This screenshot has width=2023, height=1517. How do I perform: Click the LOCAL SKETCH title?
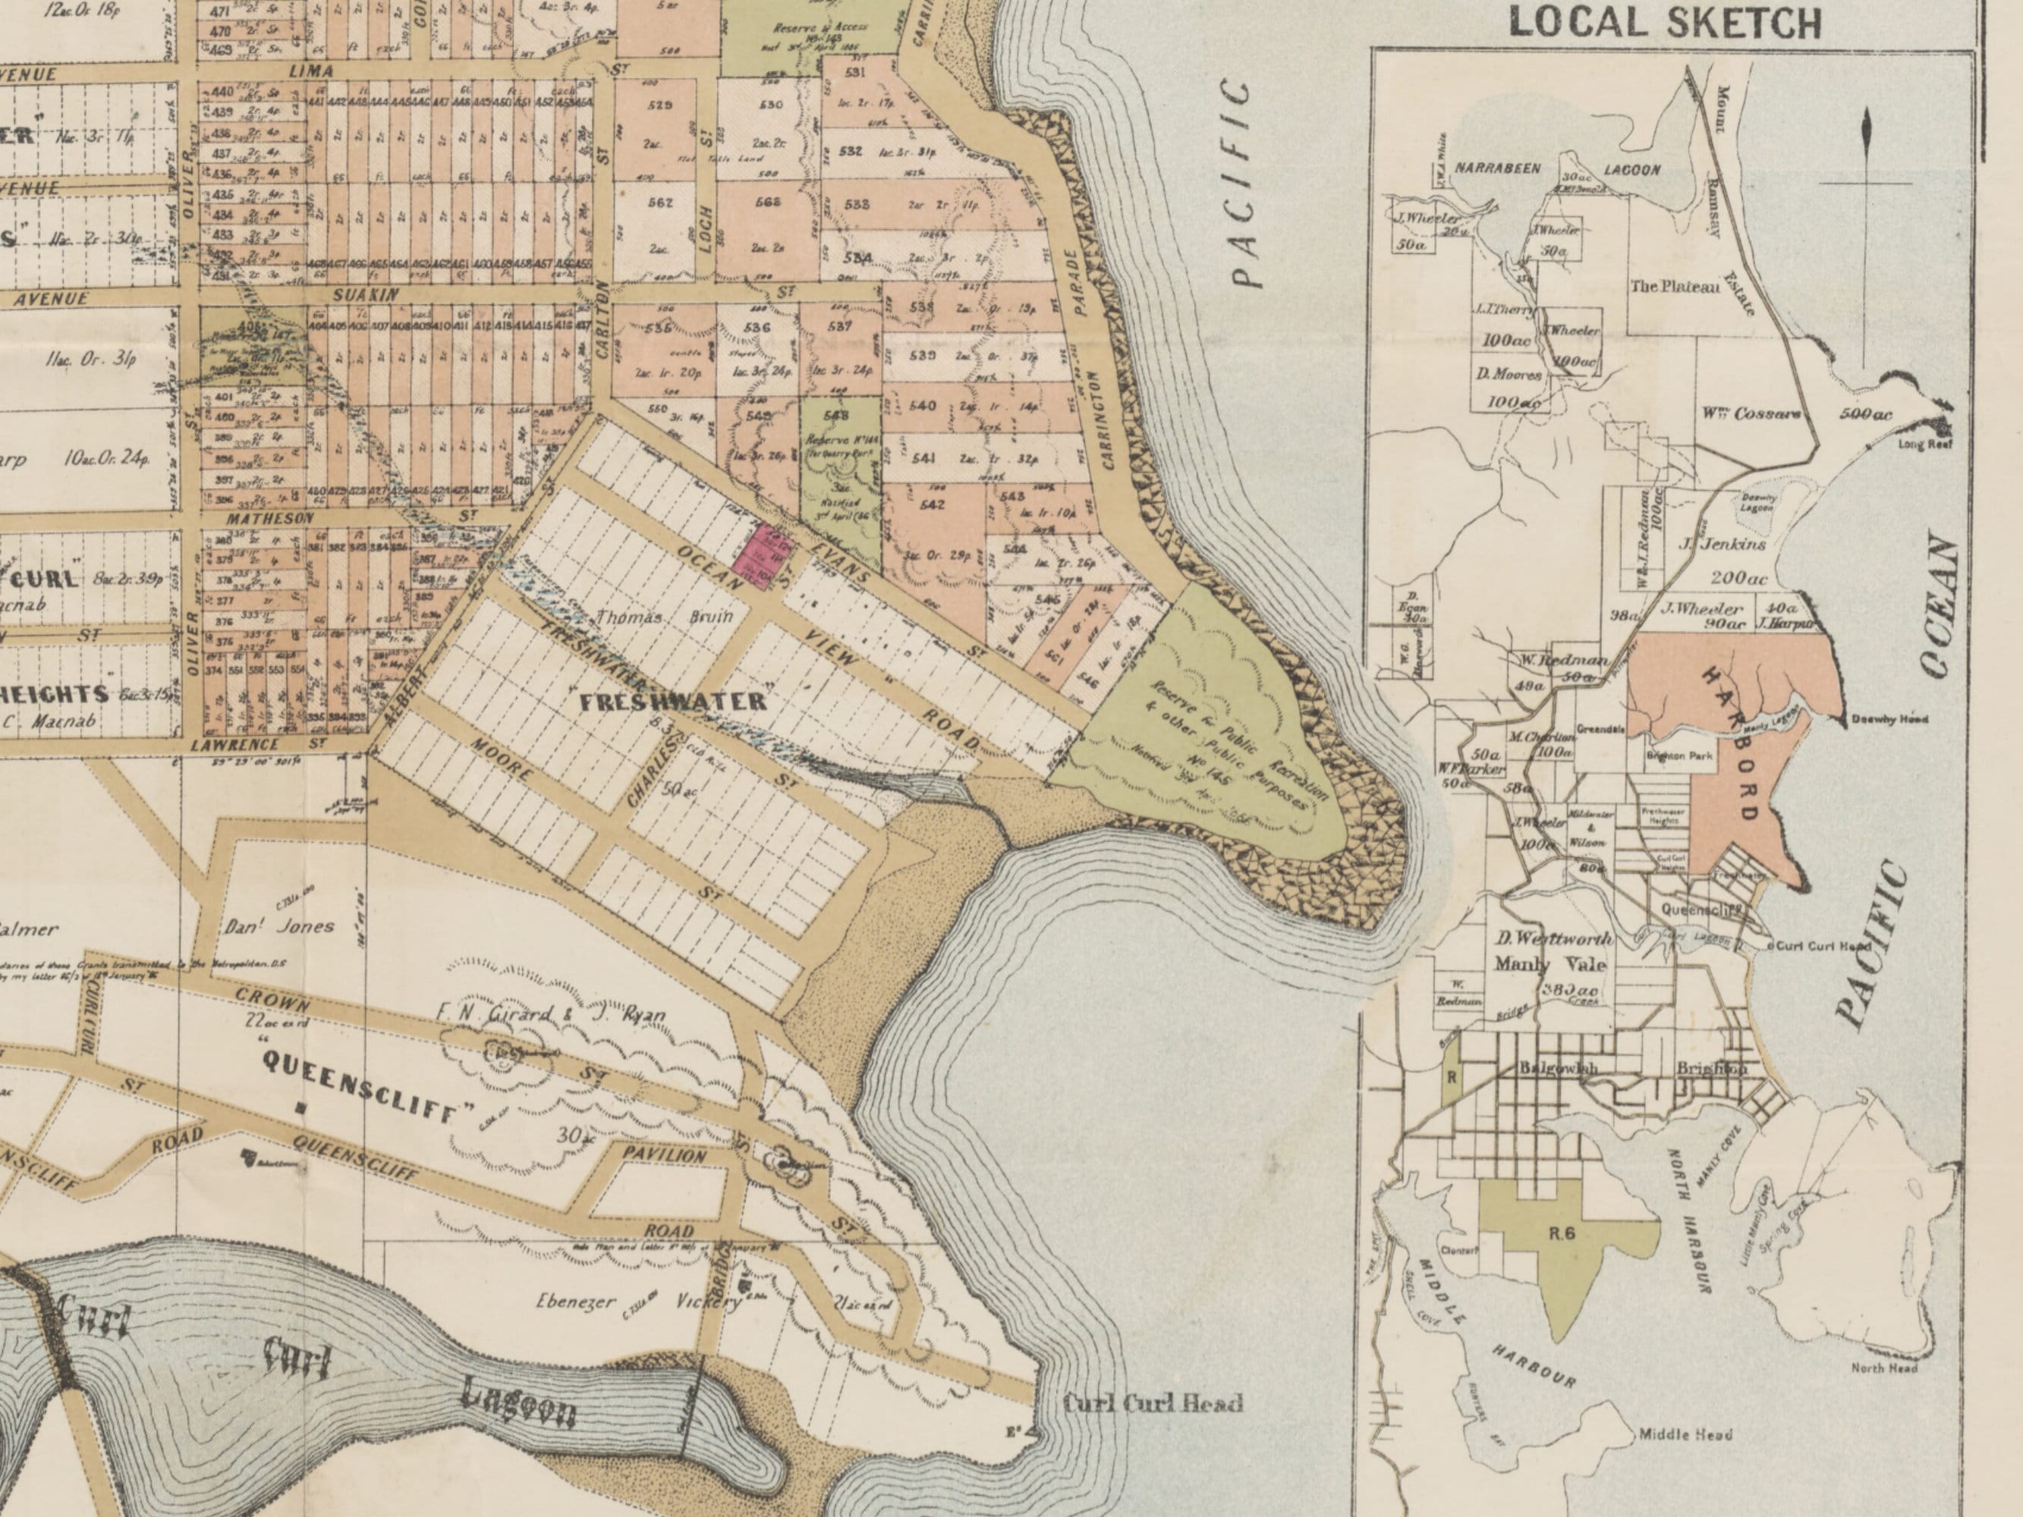[x=1665, y=22]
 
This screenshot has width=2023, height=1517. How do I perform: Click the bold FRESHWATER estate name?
[x=674, y=702]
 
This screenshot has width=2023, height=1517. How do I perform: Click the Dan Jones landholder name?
[x=280, y=926]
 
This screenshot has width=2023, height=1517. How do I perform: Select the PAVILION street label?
[x=665, y=1156]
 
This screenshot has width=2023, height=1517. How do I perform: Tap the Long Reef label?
[x=1924, y=444]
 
